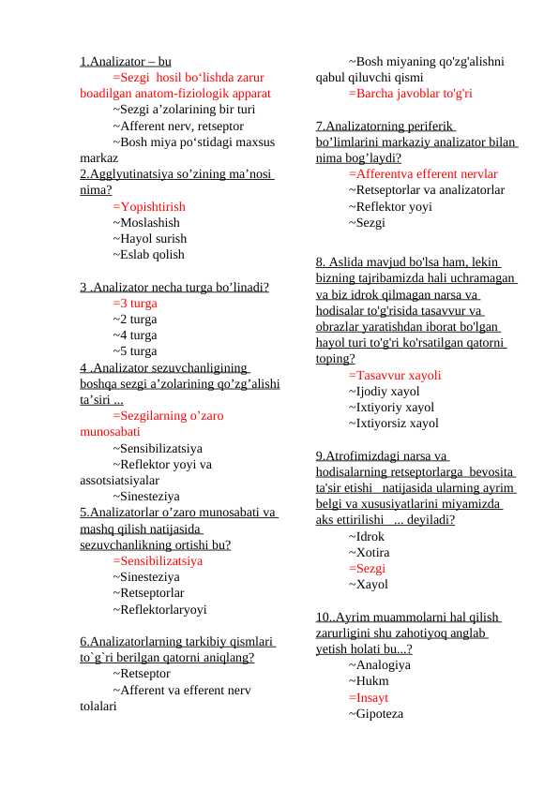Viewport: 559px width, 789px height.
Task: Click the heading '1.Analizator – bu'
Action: point(125,62)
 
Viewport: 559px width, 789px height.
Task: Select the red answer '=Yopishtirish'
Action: point(148,206)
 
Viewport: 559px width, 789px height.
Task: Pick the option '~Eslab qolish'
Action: point(148,254)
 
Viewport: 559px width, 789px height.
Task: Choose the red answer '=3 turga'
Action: point(135,304)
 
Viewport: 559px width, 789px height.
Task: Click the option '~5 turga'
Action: point(135,351)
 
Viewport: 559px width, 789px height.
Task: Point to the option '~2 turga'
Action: point(135,320)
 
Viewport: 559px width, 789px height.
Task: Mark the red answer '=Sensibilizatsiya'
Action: point(158,560)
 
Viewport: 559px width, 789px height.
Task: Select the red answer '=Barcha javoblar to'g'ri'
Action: point(410,94)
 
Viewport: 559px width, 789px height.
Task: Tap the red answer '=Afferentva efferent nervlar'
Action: point(423,173)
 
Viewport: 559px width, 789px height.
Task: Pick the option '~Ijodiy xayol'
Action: point(384,392)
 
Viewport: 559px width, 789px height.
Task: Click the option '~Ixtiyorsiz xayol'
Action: point(393,423)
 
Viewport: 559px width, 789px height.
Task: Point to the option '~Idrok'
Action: point(366,537)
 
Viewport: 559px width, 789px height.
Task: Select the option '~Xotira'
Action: point(369,553)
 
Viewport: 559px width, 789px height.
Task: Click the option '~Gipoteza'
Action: point(375,713)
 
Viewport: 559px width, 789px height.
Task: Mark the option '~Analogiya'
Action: point(379,665)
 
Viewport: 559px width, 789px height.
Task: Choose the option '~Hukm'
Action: point(368,681)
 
